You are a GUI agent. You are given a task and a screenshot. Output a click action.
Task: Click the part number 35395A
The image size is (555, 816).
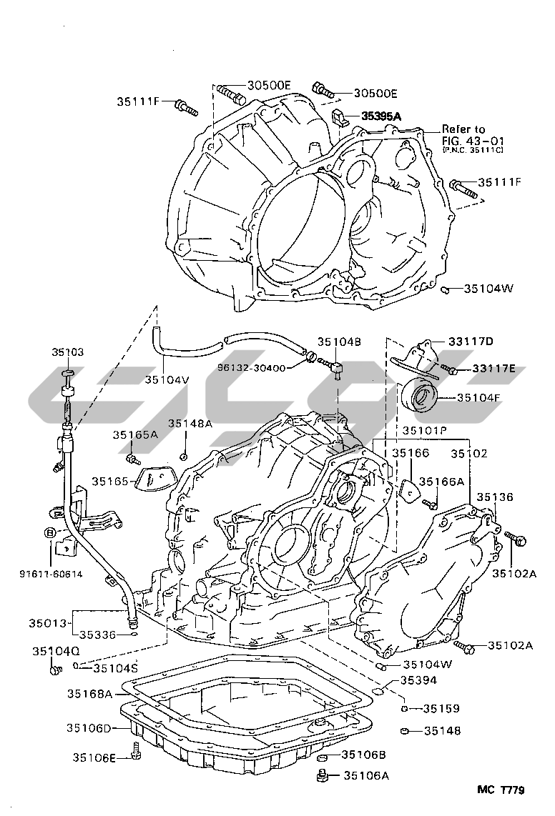click(381, 116)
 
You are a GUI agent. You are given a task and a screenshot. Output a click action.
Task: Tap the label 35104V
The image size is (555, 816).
click(167, 379)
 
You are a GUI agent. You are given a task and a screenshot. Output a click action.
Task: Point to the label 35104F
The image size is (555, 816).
click(479, 397)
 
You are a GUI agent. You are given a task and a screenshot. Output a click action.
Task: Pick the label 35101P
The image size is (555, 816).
click(424, 431)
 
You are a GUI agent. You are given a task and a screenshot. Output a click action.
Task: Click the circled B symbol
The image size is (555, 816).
click(49, 532)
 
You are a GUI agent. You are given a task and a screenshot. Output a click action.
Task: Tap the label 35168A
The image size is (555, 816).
click(90, 693)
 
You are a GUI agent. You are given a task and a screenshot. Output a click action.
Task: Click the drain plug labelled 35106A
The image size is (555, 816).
click(323, 775)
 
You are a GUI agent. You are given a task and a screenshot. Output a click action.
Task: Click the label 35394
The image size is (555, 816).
click(418, 680)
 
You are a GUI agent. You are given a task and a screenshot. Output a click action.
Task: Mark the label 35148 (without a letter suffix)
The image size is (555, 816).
click(442, 731)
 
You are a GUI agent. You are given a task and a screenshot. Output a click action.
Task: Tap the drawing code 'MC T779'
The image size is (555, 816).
click(501, 790)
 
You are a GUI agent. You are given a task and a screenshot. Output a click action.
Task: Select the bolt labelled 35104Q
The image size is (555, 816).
click(54, 670)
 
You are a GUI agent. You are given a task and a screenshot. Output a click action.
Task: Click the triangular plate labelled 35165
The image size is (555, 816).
click(152, 479)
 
